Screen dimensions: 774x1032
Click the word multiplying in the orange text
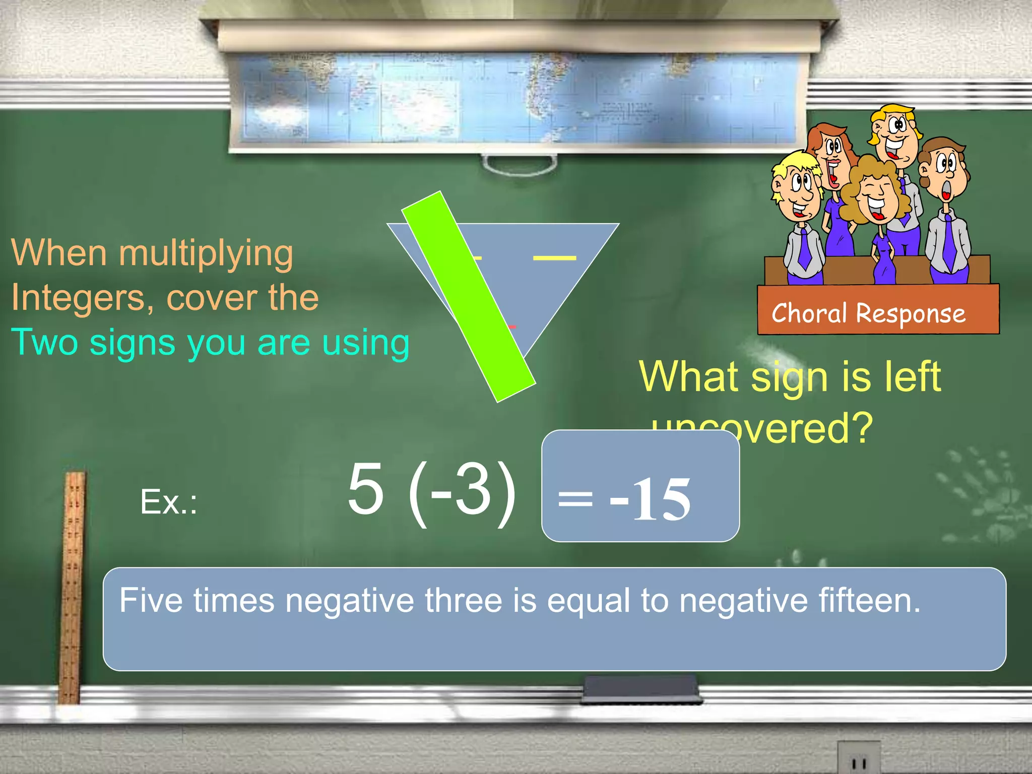pyautogui.click(x=206, y=253)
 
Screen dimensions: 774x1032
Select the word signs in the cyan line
pyautogui.click(x=133, y=343)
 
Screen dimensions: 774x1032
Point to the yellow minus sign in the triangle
pyautogui.click(x=554, y=258)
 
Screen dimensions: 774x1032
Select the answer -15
pyautogui.click(x=650, y=499)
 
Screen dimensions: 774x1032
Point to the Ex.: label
pyautogui.click(x=168, y=502)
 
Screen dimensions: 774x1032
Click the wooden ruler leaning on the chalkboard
pyautogui.click(x=72, y=585)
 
